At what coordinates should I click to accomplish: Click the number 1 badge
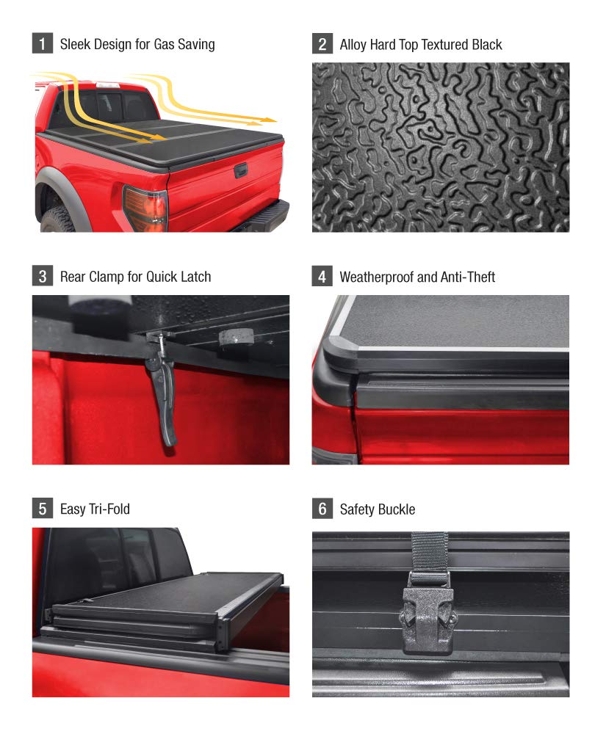tap(42, 44)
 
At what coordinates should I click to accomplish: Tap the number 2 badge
tap(322, 44)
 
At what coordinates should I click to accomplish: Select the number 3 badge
tap(42, 277)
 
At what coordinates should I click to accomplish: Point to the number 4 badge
tap(322, 277)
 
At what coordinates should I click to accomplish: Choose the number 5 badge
tap(42, 509)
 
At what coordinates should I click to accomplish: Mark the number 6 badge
tap(322, 509)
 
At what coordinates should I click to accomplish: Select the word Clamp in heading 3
tap(108, 277)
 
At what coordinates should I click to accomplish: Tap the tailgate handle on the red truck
tap(239, 172)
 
